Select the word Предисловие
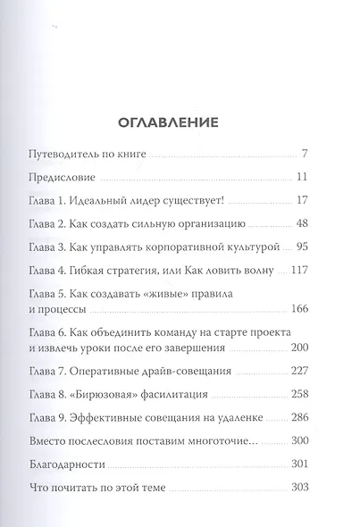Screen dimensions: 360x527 coord(85,177)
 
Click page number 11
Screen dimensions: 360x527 coord(302,177)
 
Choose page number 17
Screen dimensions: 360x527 coord(302,200)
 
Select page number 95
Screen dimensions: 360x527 coord(300,247)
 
